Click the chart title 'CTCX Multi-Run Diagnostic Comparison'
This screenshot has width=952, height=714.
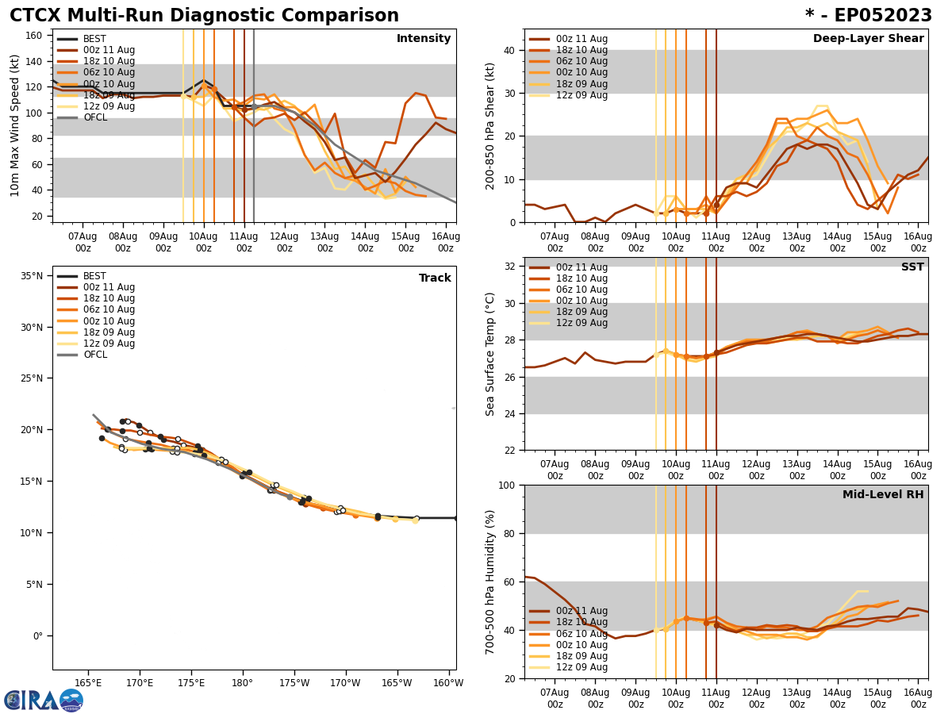pos(204,16)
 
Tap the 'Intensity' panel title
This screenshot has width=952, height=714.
pos(424,39)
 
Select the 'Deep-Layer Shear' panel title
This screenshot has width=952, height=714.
pos(868,39)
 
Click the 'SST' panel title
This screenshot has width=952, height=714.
pos(912,267)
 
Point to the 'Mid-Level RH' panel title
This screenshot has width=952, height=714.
pos(883,495)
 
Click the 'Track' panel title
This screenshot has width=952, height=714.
pos(435,278)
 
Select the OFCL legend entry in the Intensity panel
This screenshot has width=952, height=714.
pos(95,117)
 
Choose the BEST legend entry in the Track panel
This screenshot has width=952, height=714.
pos(94,276)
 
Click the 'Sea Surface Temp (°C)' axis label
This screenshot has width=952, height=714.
pos(490,354)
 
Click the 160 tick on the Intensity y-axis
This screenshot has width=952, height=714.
pos(35,36)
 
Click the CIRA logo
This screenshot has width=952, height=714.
pos(44,700)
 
